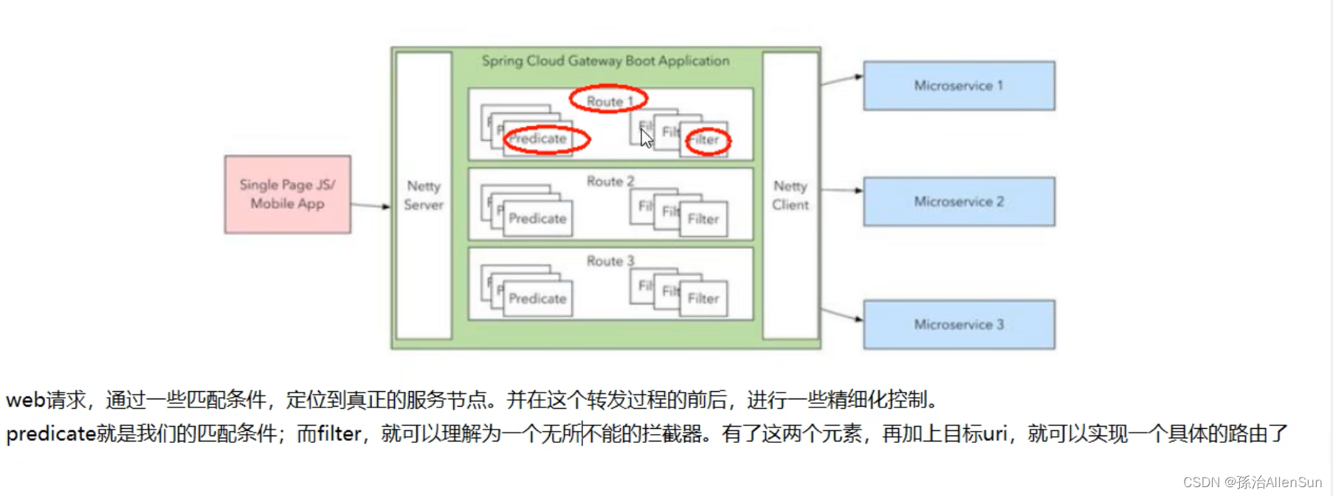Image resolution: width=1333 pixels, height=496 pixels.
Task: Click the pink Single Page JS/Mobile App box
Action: (x=287, y=194)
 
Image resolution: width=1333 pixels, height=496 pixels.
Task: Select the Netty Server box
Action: (x=424, y=196)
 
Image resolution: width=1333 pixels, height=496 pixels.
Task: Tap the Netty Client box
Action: (x=790, y=196)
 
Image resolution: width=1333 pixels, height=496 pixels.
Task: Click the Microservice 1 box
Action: (x=959, y=86)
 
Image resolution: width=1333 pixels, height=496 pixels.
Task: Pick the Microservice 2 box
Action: (x=959, y=201)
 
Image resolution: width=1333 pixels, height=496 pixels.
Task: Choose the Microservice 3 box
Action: (x=959, y=325)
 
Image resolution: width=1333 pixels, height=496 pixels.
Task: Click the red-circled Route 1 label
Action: (x=609, y=100)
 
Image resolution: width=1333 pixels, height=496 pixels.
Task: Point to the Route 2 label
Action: (x=610, y=181)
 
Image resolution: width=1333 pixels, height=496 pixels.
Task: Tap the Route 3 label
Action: (x=610, y=261)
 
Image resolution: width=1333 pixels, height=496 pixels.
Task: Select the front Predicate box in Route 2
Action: (x=538, y=218)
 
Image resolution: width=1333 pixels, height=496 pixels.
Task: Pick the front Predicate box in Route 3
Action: (x=538, y=298)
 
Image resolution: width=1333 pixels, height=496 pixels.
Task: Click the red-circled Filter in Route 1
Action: (x=706, y=139)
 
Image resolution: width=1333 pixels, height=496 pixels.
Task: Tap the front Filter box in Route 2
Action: (x=703, y=218)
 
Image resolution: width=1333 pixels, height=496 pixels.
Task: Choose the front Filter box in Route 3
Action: (x=703, y=298)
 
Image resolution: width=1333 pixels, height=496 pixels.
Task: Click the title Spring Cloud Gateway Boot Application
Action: (x=605, y=61)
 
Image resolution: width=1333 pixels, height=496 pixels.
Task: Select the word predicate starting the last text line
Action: (x=51, y=433)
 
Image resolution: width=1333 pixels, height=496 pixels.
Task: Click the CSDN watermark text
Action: (x=1252, y=482)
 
